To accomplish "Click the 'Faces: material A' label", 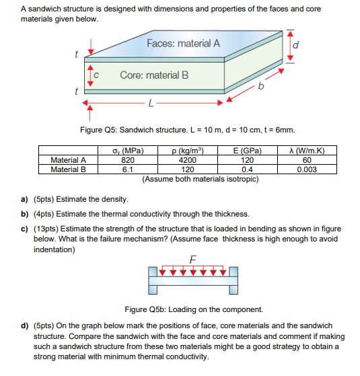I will [183, 44].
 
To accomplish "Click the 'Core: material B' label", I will [154, 75].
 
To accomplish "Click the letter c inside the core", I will [98, 75].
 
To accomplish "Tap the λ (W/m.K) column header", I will [307, 151].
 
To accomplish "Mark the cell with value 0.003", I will [307, 169].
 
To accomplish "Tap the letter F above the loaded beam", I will [193, 259].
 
